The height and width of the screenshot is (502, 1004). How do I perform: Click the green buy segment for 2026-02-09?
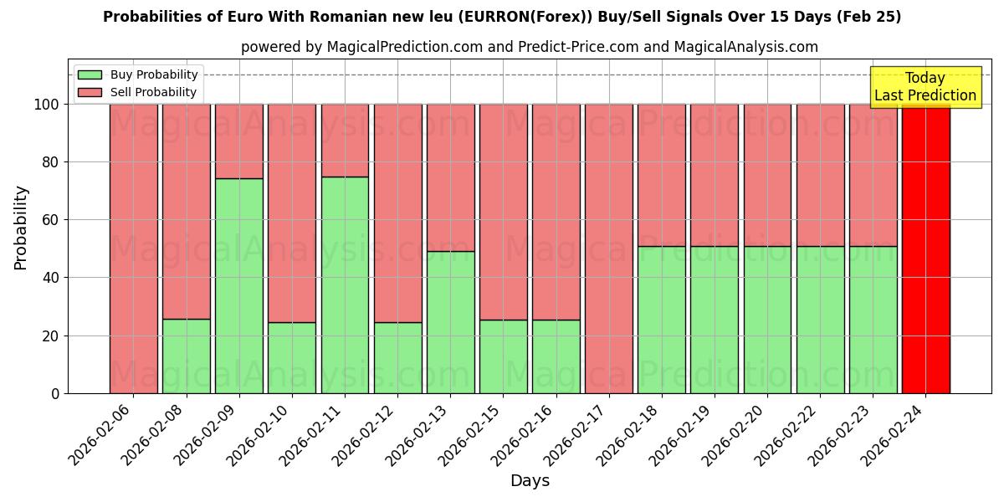[x=239, y=285]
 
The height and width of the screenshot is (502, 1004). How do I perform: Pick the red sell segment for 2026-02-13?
[x=451, y=177]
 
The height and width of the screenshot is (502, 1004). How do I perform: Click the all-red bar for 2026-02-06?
[x=134, y=248]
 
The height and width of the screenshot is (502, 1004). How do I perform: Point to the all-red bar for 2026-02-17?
[x=609, y=248]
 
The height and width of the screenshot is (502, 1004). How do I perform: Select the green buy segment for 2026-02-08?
[x=187, y=356]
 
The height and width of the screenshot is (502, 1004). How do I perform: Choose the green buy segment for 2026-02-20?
[x=767, y=320]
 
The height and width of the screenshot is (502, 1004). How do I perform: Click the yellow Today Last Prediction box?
[x=925, y=87]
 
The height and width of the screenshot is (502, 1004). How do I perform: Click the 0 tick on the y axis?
[x=55, y=393]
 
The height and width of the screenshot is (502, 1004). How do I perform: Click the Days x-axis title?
[x=530, y=481]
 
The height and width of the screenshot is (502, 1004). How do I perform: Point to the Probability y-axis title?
[x=21, y=228]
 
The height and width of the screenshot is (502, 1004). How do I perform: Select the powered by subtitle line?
[x=530, y=47]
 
